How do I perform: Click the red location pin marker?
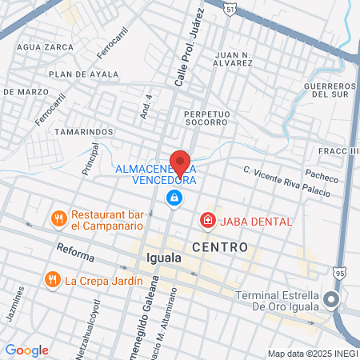(180, 162)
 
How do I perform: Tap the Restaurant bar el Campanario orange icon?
(58, 218)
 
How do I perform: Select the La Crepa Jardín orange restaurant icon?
(52, 280)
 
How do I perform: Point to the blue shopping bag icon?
(173, 197)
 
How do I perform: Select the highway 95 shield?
(339, 274)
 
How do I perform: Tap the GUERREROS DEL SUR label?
(330, 90)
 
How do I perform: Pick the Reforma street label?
(75, 253)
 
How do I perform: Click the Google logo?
(26, 350)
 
